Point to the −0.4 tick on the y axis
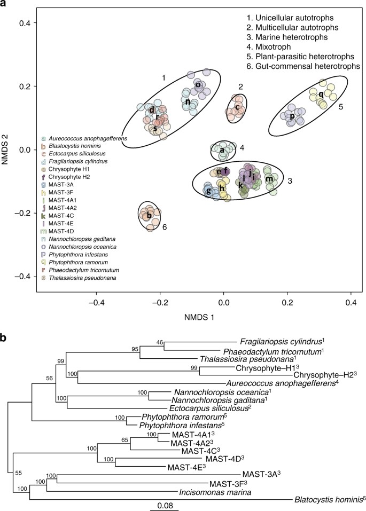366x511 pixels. tap(25, 277)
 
